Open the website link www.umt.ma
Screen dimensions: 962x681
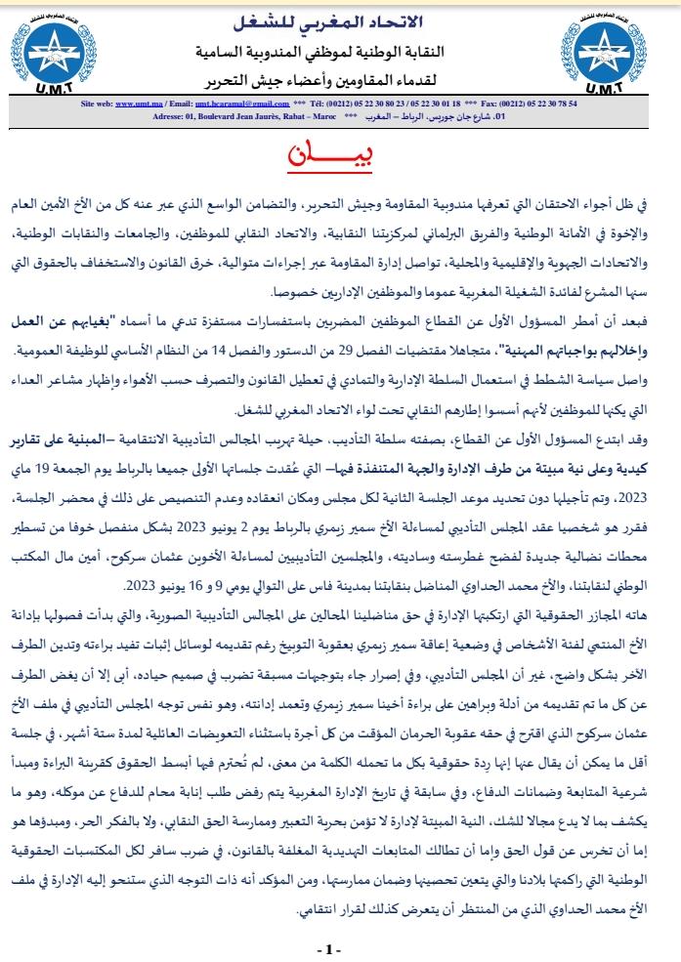136,103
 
